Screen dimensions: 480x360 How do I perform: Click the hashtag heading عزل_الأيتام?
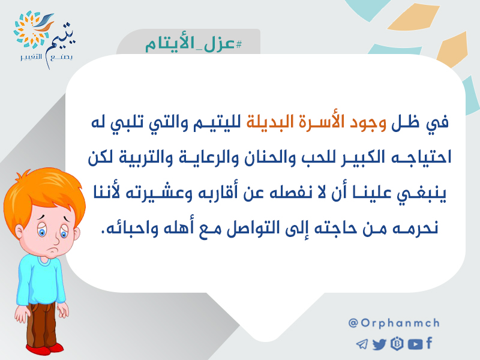[x=193, y=44]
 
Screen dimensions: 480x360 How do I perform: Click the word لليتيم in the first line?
[x=217, y=122]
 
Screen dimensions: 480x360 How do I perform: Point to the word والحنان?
[x=266, y=158]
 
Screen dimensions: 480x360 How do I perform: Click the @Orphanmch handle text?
[x=394, y=323]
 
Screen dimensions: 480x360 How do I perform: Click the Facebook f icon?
[x=429, y=343]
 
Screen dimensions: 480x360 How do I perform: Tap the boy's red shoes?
[x=44, y=349]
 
